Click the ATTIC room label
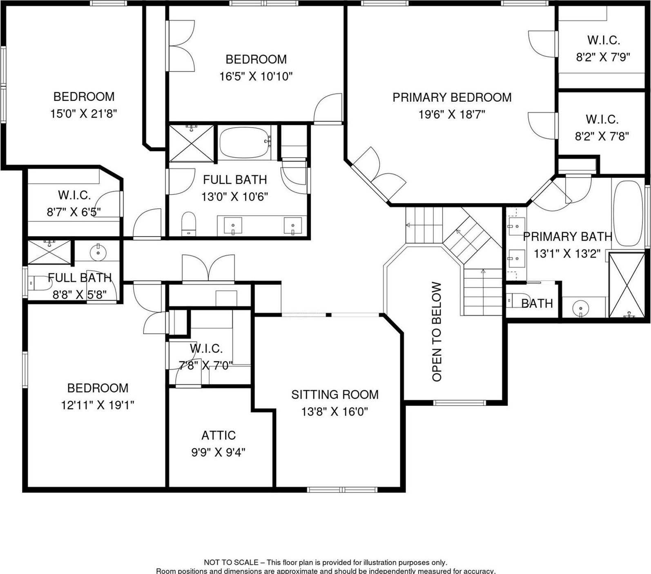218,436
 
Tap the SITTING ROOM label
335,395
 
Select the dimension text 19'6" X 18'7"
452,115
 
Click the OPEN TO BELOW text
437,332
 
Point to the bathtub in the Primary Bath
628,213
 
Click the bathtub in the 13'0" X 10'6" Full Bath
244,143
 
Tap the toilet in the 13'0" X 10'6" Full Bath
189,224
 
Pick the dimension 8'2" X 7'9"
603,57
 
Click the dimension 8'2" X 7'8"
602,136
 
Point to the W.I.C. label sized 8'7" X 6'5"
74,195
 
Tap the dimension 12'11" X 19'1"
98,405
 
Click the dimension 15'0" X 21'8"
84,114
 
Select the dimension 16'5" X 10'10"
256,76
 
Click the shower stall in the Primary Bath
626,285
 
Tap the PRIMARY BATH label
568,237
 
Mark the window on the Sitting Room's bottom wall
343,489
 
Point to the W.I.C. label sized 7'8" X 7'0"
206,348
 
